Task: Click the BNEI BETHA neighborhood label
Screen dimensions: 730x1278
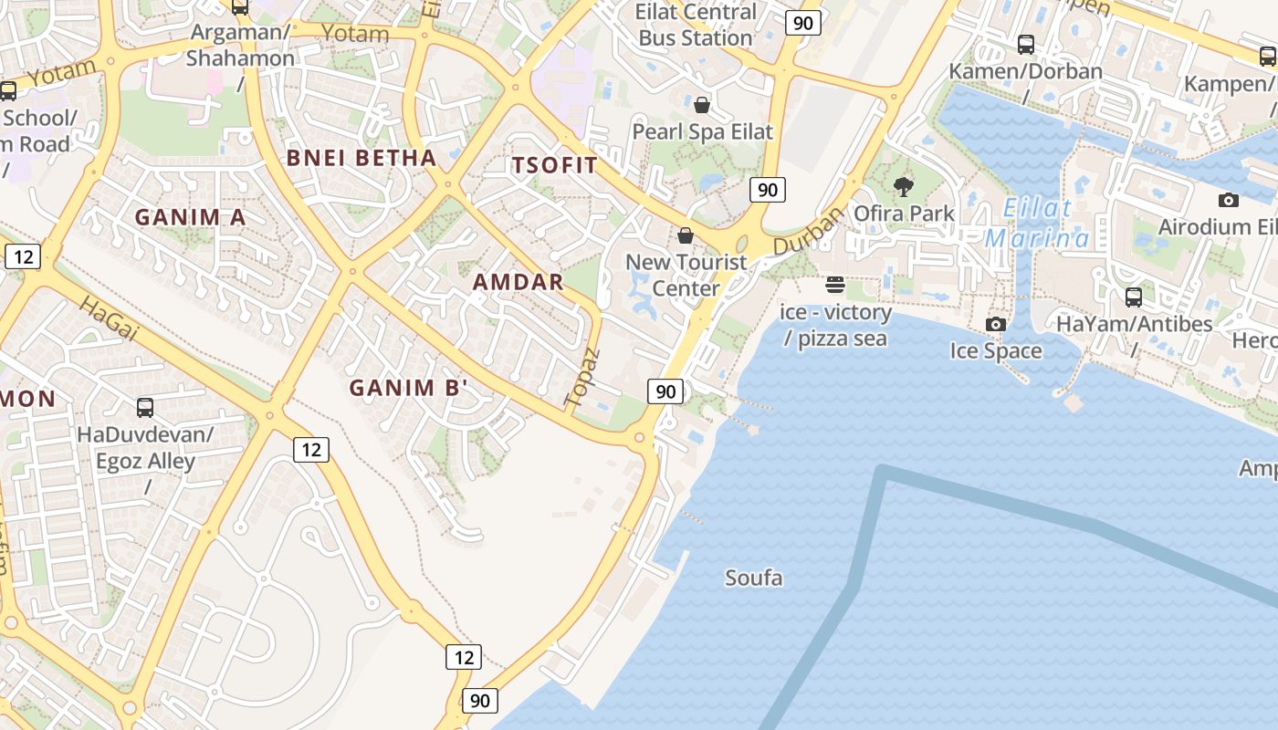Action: click(x=361, y=158)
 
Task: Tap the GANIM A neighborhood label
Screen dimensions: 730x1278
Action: click(x=191, y=217)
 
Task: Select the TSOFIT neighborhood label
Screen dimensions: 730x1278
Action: click(x=555, y=165)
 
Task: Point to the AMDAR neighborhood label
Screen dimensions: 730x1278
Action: click(x=519, y=282)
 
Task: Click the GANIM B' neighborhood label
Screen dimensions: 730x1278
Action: click(x=408, y=388)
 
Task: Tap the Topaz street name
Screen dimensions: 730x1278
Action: click(x=582, y=378)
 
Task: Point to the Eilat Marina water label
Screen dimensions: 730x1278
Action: click(x=1037, y=223)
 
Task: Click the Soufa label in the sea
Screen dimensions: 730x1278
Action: click(x=753, y=578)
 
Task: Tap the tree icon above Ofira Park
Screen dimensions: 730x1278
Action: click(x=904, y=187)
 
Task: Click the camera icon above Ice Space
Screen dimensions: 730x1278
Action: click(x=995, y=324)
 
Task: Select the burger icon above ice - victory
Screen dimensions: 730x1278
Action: click(x=835, y=285)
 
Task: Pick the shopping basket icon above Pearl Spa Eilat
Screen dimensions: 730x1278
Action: click(x=702, y=105)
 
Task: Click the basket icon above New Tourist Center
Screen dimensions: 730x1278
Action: click(x=686, y=235)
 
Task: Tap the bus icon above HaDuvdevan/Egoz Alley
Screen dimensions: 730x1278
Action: click(x=145, y=407)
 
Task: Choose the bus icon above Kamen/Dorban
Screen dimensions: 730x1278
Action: click(x=1026, y=45)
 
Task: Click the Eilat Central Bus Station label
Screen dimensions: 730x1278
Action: click(x=697, y=25)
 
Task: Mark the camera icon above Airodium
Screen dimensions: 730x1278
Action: click(x=1229, y=200)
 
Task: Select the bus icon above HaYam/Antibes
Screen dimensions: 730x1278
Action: click(x=1134, y=297)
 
